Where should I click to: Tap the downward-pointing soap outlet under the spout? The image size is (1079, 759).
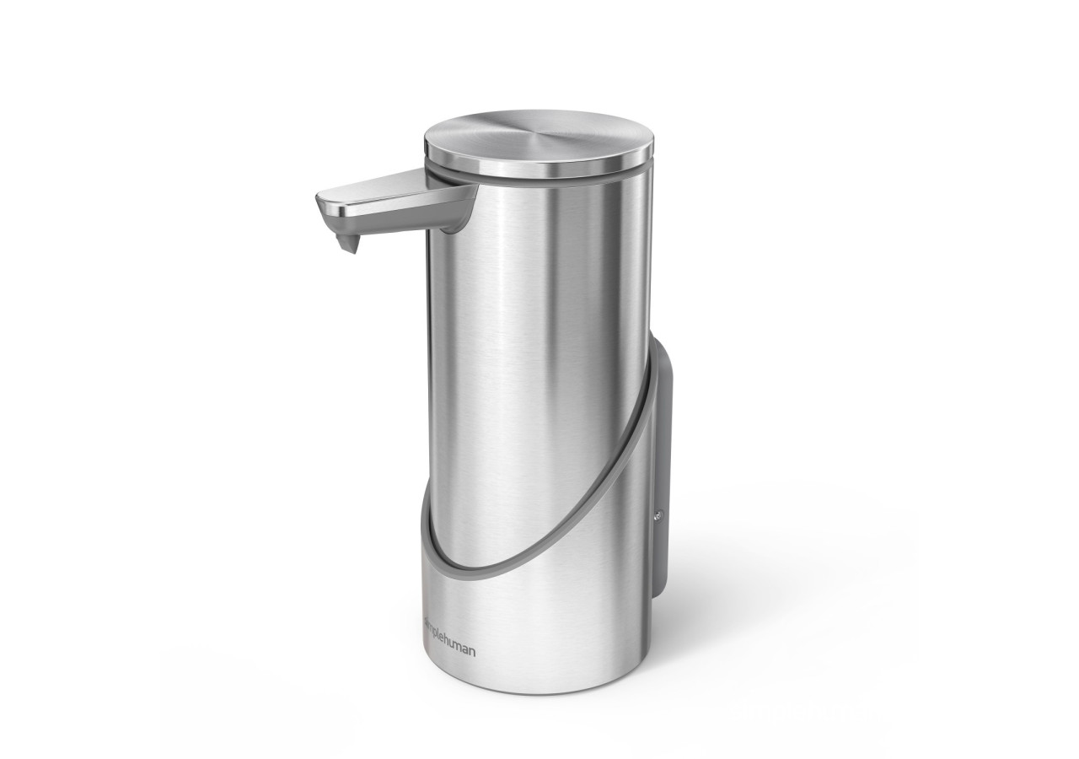coord(346,244)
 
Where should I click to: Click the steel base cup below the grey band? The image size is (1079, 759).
coord(539,649)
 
